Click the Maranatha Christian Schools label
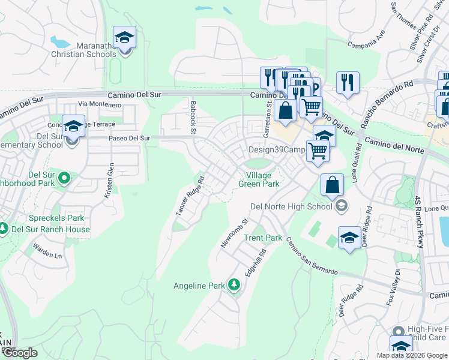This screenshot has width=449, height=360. pyautogui.click(x=96, y=49)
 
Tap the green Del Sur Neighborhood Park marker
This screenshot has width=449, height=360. pyautogui.click(x=65, y=178)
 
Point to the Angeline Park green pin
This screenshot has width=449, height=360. pyautogui.click(x=234, y=286)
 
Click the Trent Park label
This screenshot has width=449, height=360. pyautogui.click(x=263, y=238)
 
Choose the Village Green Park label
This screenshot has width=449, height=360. pyautogui.click(x=259, y=179)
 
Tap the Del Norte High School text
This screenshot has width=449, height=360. pyautogui.click(x=291, y=206)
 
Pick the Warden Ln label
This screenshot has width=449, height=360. pyautogui.click(x=47, y=251)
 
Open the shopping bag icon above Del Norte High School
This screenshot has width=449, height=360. pyautogui.click(x=332, y=186)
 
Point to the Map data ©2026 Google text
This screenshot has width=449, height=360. pyautogui.click(x=412, y=355)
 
